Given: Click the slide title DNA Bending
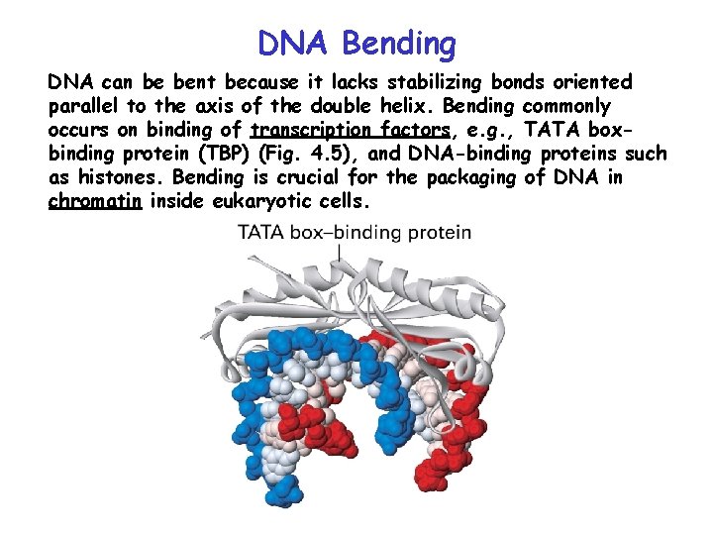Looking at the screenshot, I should pos(356,43).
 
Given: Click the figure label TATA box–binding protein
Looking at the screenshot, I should pos(354,234).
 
